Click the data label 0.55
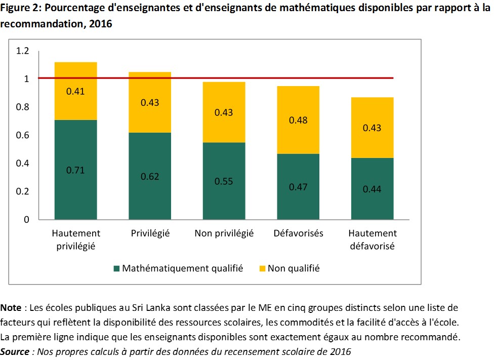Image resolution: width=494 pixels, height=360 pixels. pyautogui.click(x=224, y=181)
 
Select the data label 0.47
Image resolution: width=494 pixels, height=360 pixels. pyautogui.click(x=299, y=187)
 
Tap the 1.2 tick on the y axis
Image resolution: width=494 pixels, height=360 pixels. pyautogui.click(x=23, y=51)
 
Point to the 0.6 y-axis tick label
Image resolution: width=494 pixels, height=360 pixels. pyautogui.click(x=23, y=135)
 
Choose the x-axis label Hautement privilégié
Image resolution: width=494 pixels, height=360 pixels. pyautogui.click(x=76, y=239)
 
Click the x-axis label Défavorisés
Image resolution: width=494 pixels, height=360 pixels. pyautogui.click(x=299, y=233)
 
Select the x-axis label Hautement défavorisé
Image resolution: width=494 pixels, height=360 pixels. pyautogui.click(x=373, y=239)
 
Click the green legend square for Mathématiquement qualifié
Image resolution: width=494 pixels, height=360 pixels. pyautogui.click(x=117, y=268)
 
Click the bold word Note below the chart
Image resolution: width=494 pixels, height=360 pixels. pyautogui.click(x=11, y=307)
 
